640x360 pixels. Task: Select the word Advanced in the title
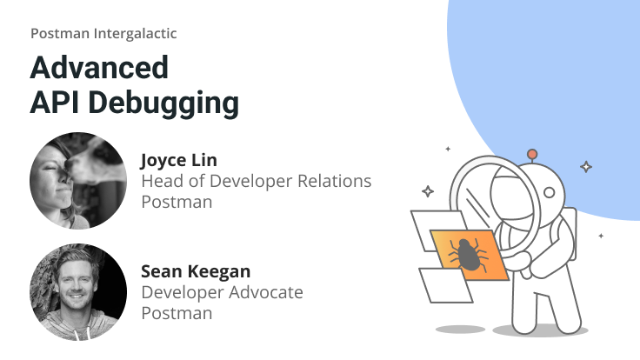coord(99,68)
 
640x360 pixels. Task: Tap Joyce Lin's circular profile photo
coord(78,181)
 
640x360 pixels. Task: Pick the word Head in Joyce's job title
coord(160,181)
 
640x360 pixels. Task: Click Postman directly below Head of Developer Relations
coord(177,202)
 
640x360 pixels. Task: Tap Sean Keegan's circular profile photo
coord(78,292)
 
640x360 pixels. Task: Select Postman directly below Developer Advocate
coord(177,313)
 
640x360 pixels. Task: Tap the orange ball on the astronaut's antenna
coord(532,155)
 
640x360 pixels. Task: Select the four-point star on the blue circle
coord(586,166)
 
